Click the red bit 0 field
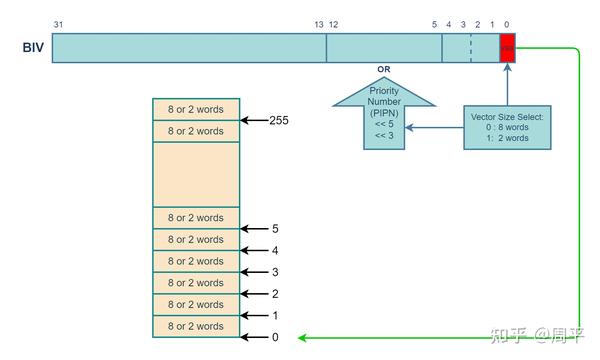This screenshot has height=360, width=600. (x=507, y=48)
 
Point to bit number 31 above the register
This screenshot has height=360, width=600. (x=58, y=24)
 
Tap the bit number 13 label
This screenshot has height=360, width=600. (x=319, y=24)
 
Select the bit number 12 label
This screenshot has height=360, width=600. (x=333, y=24)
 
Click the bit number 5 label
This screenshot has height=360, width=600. (x=435, y=24)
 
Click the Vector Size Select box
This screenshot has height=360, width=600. (x=507, y=127)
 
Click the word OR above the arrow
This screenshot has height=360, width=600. (x=383, y=70)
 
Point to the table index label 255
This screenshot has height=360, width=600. (x=279, y=120)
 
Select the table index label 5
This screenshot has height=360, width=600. (x=275, y=228)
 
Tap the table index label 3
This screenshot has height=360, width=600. (x=275, y=272)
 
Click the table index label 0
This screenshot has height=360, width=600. (x=275, y=337)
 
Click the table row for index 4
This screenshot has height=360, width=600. (x=196, y=240)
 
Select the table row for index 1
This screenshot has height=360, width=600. (x=196, y=305)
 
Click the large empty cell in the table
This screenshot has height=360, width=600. (x=196, y=174)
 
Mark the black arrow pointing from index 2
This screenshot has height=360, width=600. (x=254, y=294)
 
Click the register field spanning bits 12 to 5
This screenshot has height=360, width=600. (x=384, y=48)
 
